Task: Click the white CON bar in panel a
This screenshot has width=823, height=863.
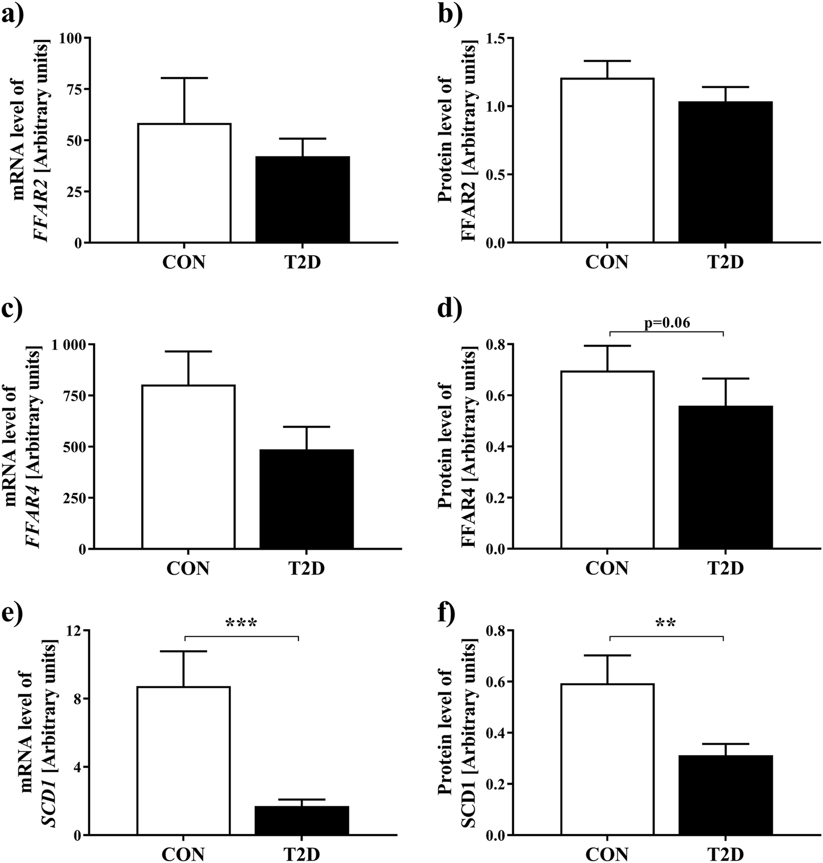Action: [x=184, y=183]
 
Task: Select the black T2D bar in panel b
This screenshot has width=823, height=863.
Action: [x=725, y=172]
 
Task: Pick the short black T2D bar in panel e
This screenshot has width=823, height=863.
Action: [x=302, y=820]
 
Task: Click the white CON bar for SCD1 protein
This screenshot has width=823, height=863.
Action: [x=607, y=759]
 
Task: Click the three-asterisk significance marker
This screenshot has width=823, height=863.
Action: [x=241, y=624]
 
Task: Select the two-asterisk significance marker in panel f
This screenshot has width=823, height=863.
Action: [x=666, y=624]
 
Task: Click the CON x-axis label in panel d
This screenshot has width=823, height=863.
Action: [x=607, y=567]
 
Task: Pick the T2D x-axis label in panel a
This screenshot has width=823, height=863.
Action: [x=302, y=262]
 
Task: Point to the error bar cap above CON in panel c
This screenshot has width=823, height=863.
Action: [x=188, y=352]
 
